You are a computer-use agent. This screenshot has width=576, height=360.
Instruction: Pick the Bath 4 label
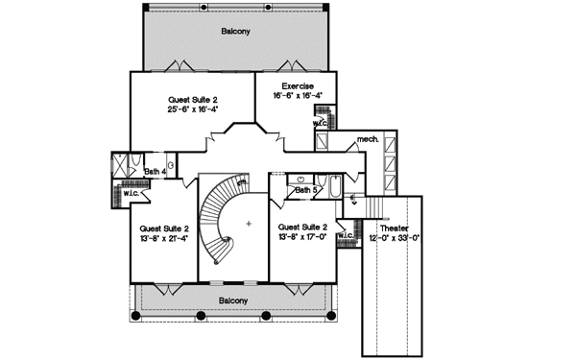(155, 172)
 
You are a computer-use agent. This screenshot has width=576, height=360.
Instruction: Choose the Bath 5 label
(305, 190)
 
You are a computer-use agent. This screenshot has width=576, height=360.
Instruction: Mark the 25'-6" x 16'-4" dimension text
(193, 109)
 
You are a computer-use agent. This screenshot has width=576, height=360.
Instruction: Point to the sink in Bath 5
(301, 180)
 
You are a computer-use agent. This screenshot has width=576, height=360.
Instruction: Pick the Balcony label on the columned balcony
(233, 300)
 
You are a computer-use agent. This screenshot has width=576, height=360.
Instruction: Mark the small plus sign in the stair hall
(249, 223)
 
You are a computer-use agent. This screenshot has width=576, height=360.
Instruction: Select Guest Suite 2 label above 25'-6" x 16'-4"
(193, 99)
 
